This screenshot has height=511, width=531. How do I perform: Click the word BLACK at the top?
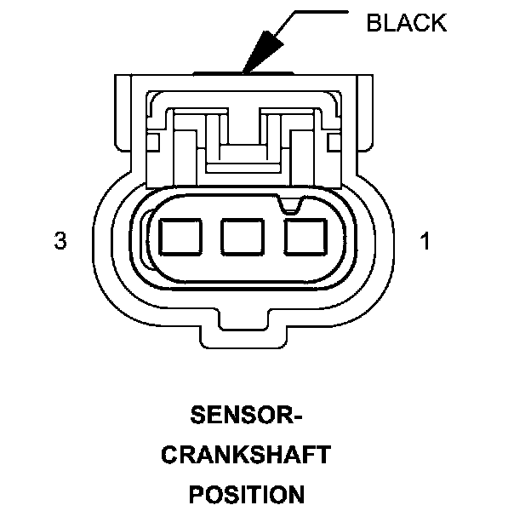pos(406,22)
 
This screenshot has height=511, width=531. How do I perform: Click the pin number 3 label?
pos(60,242)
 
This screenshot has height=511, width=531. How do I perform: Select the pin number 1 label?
pos(425,242)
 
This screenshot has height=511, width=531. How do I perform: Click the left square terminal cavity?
pos(178,236)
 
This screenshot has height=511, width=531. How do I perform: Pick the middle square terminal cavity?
pos(241,236)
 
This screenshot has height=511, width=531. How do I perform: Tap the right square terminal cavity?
pos(305,236)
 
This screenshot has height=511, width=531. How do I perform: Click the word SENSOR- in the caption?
pos(246,416)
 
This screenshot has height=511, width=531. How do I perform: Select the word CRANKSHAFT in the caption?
pos(245,455)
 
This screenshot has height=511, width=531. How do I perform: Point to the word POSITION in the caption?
pos(245,493)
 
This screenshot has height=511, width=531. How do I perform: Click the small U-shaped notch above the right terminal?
pos(290,204)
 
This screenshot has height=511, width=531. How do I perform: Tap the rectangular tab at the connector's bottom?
pos(244,336)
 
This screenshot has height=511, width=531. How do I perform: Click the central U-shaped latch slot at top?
pos(243,136)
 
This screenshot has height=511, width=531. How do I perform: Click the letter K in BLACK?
pos(437,22)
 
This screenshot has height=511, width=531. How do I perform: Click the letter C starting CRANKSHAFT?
pos(169,455)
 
